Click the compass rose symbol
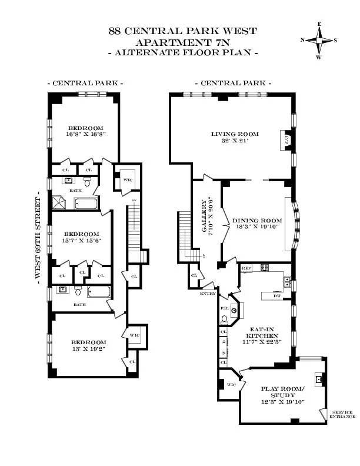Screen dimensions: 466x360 point(319,41)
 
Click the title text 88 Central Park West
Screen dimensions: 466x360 point(183,31)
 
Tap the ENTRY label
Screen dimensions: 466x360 point(208,292)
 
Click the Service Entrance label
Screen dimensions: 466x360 point(342,414)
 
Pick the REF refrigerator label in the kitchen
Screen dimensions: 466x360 point(246,268)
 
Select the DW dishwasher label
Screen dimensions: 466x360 point(276,296)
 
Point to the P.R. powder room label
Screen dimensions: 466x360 point(224,308)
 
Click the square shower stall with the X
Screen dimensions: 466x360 point(60,202)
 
